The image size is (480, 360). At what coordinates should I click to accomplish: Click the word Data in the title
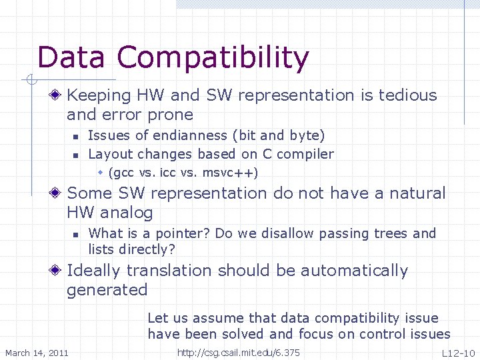(71, 58)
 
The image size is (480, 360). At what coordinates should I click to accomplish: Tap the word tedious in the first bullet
(407, 95)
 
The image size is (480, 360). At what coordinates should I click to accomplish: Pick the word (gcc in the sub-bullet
(122, 173)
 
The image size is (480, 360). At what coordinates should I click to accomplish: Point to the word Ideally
(94, 271)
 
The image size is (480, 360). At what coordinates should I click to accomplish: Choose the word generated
(107, 290)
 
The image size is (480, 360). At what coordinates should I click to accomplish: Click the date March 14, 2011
(37, 352)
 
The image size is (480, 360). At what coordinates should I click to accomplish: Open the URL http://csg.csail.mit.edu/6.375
(239, 352)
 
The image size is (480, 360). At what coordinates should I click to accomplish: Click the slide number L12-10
(458, 352)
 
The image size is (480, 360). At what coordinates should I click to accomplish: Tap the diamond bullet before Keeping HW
(58, 96)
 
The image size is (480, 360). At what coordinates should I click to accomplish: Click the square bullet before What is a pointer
(76, 234)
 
